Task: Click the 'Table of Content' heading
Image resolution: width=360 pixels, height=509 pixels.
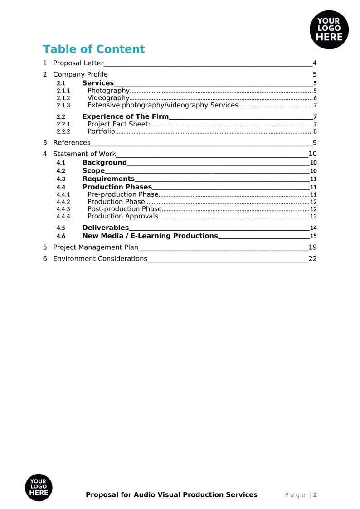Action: pos(94,49)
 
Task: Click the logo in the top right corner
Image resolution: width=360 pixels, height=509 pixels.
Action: pos(329,30)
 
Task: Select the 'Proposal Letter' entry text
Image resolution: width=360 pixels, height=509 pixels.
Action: pos(78,63)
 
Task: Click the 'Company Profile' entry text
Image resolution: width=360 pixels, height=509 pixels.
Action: pos(80,74)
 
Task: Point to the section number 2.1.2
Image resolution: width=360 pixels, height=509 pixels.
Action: pos(63,98)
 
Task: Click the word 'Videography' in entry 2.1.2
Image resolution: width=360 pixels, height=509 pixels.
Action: pos(108,98)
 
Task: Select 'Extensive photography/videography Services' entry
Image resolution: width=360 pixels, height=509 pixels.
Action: pos(162,105)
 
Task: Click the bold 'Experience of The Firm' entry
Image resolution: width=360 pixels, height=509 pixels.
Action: pos(125,117)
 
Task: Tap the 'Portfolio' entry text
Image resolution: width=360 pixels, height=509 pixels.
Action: pos(101,131)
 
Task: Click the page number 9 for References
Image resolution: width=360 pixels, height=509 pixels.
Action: pos(314,143)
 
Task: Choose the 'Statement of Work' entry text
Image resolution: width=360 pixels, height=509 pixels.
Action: pos(84,154)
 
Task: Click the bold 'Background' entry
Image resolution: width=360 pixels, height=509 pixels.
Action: pos(105,163)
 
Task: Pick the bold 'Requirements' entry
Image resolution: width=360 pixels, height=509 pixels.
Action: pos(108,179)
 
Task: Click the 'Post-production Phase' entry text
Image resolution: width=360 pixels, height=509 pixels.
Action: pos(124,209)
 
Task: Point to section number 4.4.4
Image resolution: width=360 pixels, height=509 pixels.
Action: pos(63,216)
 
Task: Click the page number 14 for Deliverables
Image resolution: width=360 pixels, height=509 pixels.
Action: pos(313,228)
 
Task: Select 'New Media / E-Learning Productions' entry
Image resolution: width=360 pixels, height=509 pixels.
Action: pos(150,236)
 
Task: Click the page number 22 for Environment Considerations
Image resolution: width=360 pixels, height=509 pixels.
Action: pos(312,259)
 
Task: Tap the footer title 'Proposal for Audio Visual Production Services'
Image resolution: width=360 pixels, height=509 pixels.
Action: pos(171,495)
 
